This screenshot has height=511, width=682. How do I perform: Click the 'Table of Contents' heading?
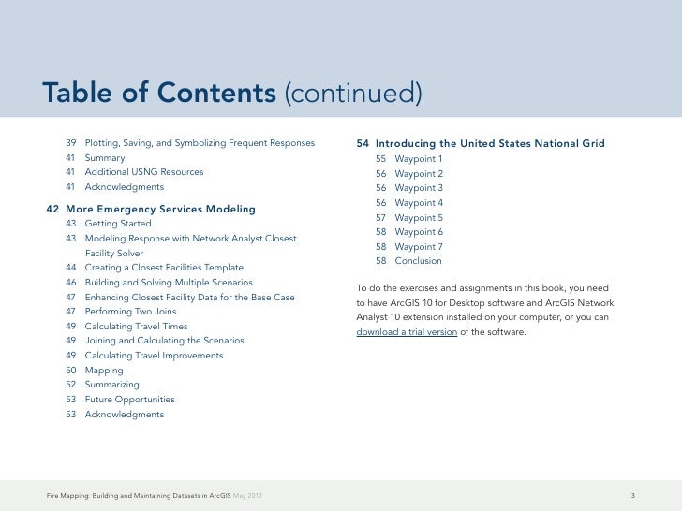coord(158,94)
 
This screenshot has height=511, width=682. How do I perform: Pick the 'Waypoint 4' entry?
coord(419,203)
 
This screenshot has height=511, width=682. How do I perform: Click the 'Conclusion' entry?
coord(418,261)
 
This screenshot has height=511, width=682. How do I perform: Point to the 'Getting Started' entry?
coord(117,224)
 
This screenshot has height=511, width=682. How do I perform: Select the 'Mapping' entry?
coord(104,371)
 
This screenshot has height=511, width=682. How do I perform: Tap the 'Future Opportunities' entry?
coord(129,400)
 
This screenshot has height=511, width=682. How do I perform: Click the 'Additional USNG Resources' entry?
coord(143,172)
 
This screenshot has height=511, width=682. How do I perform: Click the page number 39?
coord(71,143)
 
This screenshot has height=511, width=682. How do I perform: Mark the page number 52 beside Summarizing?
coord(71,385)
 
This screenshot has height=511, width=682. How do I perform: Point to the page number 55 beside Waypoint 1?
coord(381,159)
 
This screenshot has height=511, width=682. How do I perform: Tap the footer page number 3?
coord(634,494)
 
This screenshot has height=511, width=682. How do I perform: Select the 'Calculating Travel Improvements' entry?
coord(154,356)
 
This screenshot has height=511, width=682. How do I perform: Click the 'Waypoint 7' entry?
coord(419,246)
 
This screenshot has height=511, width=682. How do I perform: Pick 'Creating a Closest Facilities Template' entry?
coord(164,268)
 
